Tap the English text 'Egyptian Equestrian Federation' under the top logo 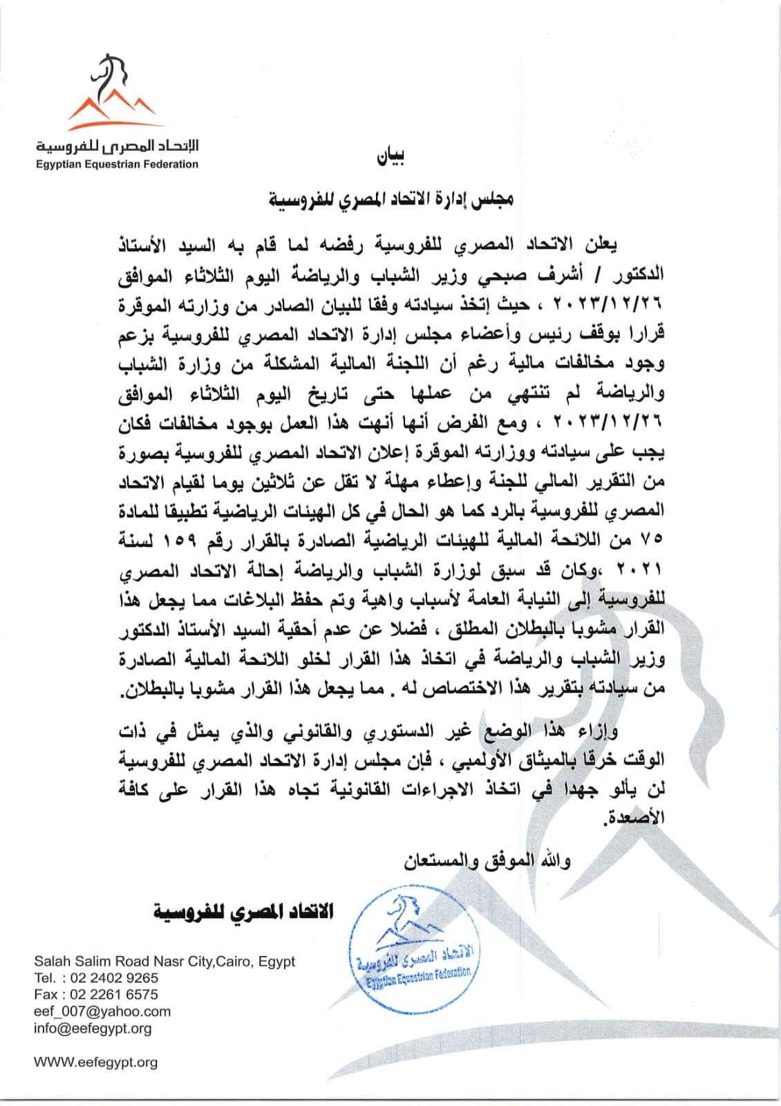point(117,165)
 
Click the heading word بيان point(391,158)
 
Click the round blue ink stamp point(413,945)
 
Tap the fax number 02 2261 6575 point(115,995)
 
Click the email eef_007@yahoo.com point(102,1011)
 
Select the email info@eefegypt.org point(93,1028)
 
